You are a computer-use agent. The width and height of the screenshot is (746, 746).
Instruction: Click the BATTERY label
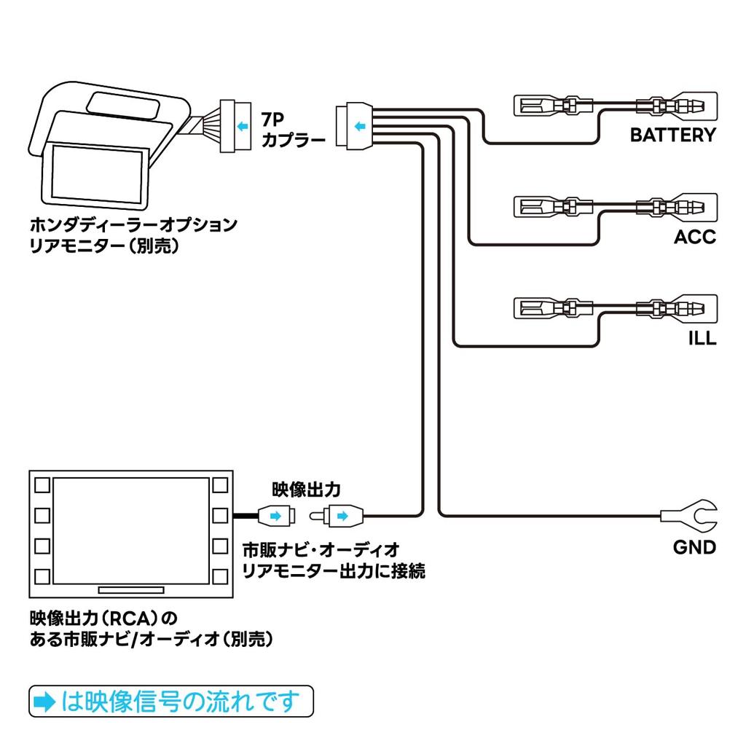(672, 135)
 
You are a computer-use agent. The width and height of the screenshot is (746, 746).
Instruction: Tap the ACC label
(694, 237)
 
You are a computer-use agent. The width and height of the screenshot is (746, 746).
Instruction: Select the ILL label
(702, 339)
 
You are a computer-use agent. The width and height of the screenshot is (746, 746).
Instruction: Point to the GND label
(694, 546)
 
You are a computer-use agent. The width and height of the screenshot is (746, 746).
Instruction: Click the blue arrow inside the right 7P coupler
(358, 127)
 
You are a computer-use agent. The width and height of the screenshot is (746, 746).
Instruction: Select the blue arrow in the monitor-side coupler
(240, 127)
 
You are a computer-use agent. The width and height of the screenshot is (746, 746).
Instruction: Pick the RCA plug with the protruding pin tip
(336, 516)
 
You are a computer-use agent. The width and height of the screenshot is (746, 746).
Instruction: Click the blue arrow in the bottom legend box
(45, 702)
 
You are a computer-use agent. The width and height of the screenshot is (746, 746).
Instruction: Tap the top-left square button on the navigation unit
(42, 484)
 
